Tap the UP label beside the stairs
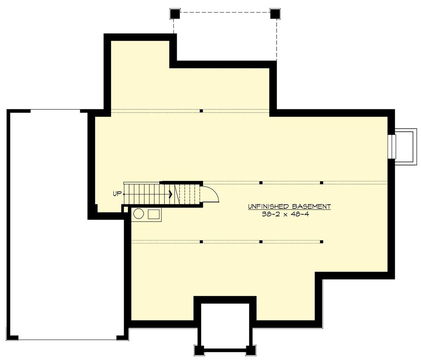(117, 193)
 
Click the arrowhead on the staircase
(170, 193)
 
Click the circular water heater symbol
(139, 214)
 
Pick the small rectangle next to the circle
(154, 214)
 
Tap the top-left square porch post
(175, 14)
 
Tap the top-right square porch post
(275, 14)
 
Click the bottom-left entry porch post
(199, 350)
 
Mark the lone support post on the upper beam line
(201, 111)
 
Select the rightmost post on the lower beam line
(321, 242)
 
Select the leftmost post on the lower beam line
(201, 242)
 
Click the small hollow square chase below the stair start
(125, 209)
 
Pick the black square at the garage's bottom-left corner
(13, 337)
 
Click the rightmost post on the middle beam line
(321, 182)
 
